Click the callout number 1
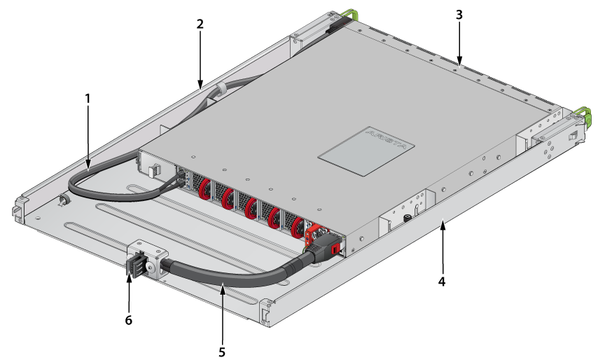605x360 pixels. [x=88, y=99]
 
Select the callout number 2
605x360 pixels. [x=200, y=25]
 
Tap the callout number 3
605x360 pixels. [x=459, y=15]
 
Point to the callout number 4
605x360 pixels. [x=442, y=282]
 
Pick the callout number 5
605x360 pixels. [x=222, y=352]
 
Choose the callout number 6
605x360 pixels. [x=128, y=320]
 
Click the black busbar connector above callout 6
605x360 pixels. [x=136, y=264]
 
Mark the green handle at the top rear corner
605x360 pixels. [x=349, y=15]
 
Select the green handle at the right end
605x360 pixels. [x=583, y=115]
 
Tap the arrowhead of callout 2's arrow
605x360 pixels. [x=200, y=84]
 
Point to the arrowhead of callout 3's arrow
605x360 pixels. [x=459, y=62]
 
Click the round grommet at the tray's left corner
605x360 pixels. [x=63, y=200]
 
